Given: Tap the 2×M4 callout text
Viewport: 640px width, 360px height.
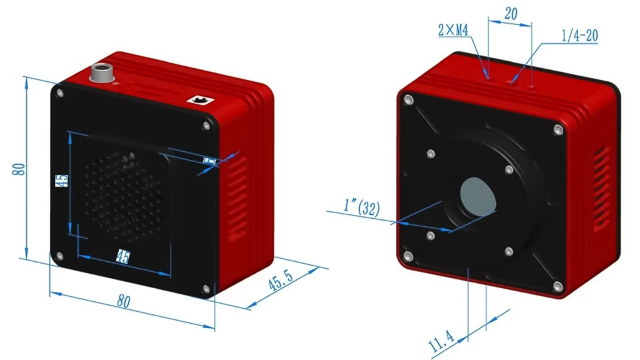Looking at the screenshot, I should tap(454, 30).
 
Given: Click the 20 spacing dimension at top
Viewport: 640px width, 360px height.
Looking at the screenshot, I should tap(511, 14).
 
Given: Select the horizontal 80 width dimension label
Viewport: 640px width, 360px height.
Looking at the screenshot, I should tap(124, 301).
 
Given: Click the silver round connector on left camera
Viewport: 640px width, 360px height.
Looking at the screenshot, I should tap(100, 72).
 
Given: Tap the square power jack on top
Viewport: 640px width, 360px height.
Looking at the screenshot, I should tap(201, 99).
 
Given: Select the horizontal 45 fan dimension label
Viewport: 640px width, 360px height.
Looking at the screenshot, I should tap(123, 256).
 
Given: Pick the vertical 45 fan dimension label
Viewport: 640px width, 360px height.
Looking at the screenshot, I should tap(61, 182).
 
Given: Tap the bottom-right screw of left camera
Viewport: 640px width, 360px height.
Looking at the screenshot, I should tap(206, 289).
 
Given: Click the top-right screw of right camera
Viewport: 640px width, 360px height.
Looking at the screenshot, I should tap(558, 129).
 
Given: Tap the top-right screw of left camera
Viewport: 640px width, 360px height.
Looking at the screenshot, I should tap(207, 125).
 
